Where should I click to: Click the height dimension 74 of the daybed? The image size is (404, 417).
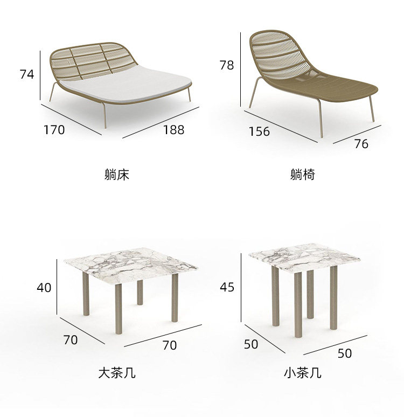[x=27, y=74]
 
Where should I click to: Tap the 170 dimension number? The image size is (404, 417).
[x=54, y=129]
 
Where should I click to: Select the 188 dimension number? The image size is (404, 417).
[x=173, y=129]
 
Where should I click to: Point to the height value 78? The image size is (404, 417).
[x=227, y=65]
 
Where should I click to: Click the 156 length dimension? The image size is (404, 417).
[x=259, y=131]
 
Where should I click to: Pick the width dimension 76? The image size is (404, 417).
[x=361, y=144]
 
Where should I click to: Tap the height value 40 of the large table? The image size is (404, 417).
[x=44, y=288]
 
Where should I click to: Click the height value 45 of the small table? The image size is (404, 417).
[x=227, y=287]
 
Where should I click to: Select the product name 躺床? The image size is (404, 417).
[x=117, y=175]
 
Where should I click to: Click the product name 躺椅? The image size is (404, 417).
[x=302, y=175]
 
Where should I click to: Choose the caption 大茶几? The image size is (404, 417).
[x=117, y=372]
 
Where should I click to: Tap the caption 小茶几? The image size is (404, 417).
[x=302, y=372]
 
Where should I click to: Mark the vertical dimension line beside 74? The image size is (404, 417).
[x=40, y=75]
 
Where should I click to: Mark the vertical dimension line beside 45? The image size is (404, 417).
[x=241, y=288]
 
